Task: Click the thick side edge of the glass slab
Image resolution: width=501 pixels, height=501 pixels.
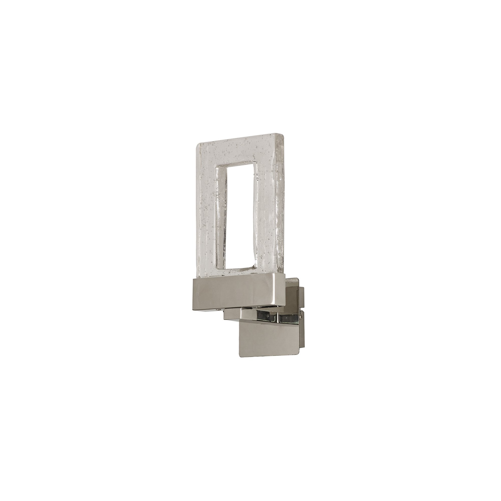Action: (x=281, y=207)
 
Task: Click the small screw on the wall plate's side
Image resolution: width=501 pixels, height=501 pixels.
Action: (x=301, y=317)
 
